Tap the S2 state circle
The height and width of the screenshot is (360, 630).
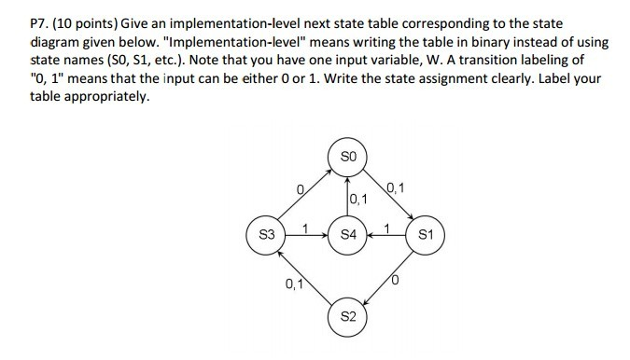(348, 315)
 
